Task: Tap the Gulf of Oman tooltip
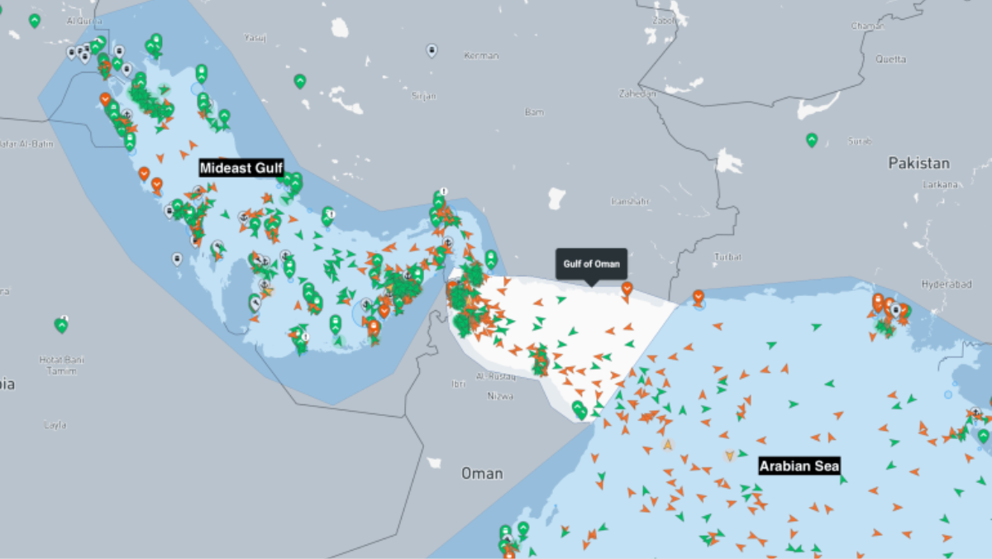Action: pos(591,264)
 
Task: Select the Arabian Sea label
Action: pos(799,466)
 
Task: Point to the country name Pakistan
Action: pos(918,163)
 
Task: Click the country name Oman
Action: pos(482,474)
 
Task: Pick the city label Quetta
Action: pos(890,60)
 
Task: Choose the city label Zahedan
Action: pos(637,93)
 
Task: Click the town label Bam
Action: pos(535,112)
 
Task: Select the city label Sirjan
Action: pos(423,96)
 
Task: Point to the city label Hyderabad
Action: pos(945,284)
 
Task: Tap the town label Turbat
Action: pos(727,257)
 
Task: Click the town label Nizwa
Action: pos(501,396)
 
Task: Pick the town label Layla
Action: pos(55,425)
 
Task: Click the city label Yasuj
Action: pos(255,37)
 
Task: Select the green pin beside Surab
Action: pos(812,140)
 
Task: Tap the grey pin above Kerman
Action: pos(432,50)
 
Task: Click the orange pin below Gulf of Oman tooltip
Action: pos(627,288)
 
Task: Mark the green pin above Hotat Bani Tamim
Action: pos(61,325)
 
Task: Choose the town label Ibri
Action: pos(458,385)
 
